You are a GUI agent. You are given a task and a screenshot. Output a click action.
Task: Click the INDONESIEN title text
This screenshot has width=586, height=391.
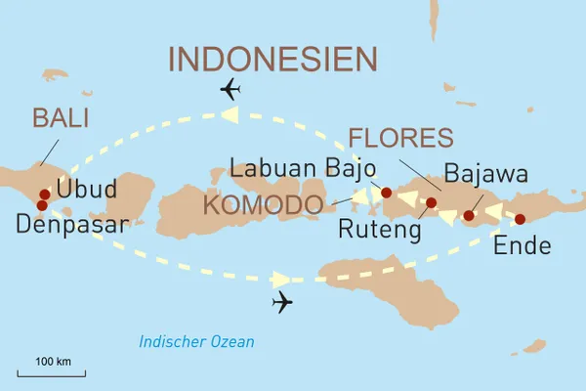pos(272,59)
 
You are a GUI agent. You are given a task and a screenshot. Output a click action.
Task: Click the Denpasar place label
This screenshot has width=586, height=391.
pos(71,225)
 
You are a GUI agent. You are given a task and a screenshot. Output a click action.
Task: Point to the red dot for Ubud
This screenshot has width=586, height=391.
pos(44,195)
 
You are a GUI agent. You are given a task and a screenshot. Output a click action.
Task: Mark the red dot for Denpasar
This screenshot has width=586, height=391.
pos(41,205)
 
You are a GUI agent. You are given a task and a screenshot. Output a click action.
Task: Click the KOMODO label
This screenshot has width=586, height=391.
pos(264,205)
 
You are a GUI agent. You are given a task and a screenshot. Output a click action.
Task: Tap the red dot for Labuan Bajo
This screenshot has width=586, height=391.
pos(386,193)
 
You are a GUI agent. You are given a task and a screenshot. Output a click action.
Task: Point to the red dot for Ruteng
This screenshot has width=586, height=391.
pos(431,203)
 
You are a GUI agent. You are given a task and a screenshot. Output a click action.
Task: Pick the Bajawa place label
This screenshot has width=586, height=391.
pos(485,174)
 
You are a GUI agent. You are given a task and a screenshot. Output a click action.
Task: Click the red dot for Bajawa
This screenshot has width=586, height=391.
pos(469,215)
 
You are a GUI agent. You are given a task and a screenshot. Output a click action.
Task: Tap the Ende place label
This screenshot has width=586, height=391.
pos(523,244)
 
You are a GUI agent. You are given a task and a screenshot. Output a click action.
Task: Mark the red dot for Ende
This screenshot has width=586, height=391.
pos(520,219)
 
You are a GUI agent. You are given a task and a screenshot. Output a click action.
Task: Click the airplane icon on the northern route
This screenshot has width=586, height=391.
pos(231,92)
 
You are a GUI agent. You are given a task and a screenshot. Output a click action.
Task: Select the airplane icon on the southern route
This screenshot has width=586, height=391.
pos(283,302)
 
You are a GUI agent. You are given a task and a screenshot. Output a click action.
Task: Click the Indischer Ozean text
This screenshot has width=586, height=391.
pos(196,341)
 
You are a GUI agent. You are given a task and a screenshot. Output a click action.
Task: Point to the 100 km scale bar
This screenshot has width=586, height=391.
pos(51,371)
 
